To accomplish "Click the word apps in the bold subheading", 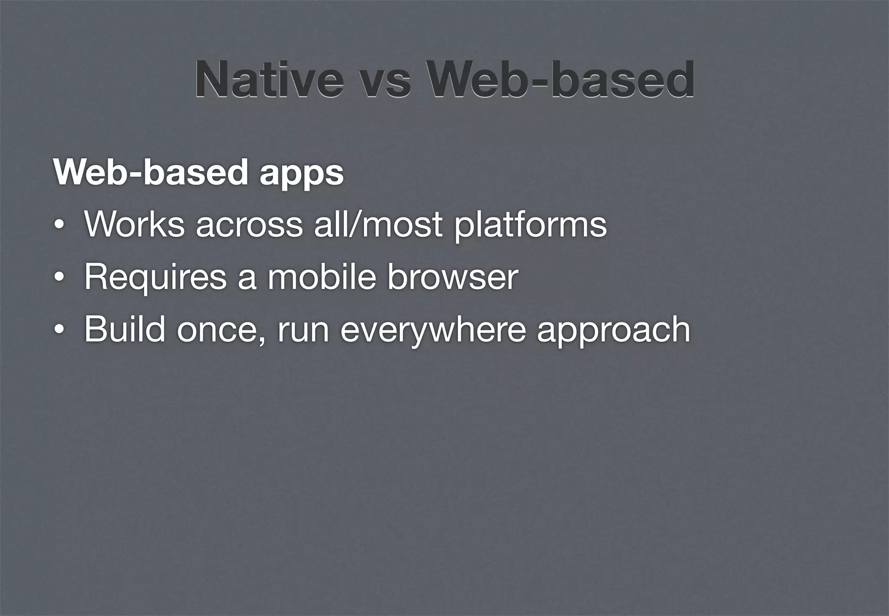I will [x=302, y=173].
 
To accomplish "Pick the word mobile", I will [x=322, y=277].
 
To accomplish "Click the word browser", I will [x=453, y=277].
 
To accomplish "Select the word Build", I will [x=125, y=329].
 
